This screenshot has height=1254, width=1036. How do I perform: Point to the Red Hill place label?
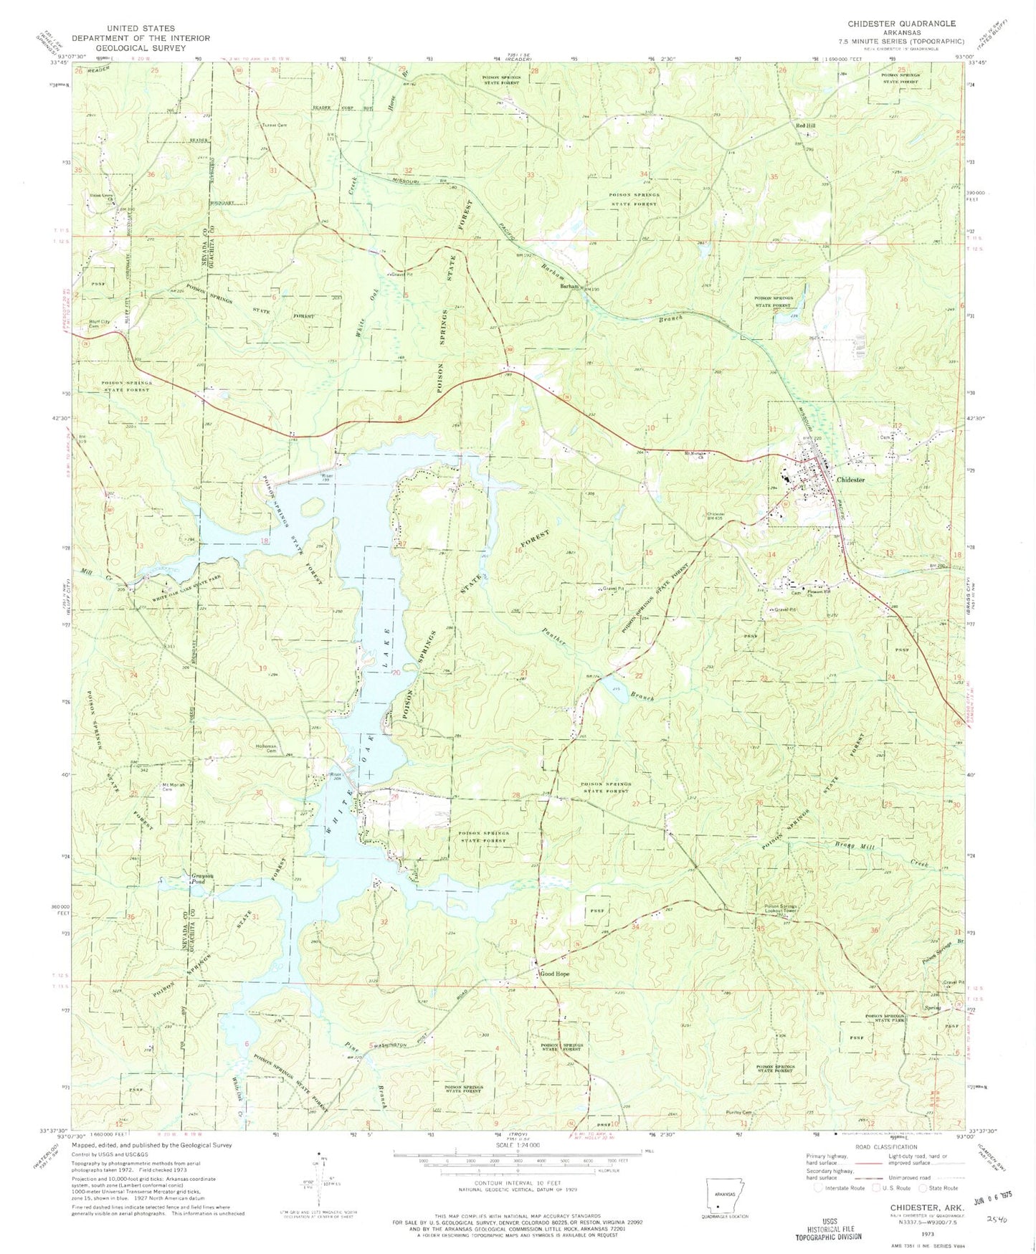pyautogui.click(x=805, y=125)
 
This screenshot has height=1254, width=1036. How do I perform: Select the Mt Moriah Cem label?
pyautogui.click(x=173, y=787)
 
